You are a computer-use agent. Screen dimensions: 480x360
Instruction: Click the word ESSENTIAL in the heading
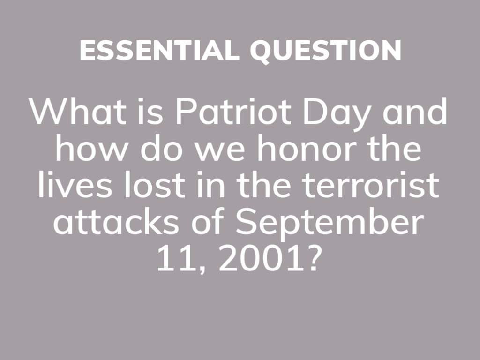tap(159, 50)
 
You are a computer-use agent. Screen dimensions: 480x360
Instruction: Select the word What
tap(78, 112)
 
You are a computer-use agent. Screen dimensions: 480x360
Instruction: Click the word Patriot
tap(233, 112)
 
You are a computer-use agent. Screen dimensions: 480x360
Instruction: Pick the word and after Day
tap(415, 112)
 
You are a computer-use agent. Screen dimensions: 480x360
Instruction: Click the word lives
tap(75, 185)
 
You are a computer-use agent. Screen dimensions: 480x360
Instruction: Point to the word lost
tap(155, 185)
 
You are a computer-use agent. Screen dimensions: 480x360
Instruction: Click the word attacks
tap(116, 221)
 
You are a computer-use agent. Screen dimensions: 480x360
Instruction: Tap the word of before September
tap(208, 221)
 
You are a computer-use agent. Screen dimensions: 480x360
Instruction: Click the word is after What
tap(150, 112)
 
